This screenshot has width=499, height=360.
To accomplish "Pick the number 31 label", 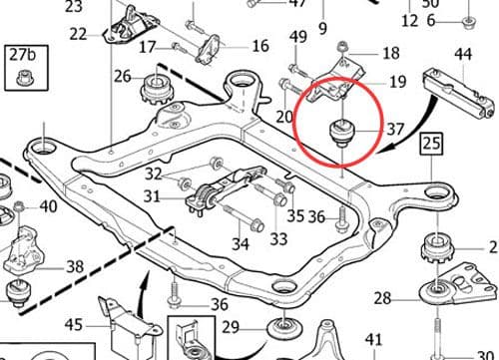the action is pyautogui.click(x=152, y=197).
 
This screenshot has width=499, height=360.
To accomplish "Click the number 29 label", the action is pyautogui.click(x=232, y=328).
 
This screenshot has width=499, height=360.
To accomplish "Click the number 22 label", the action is pyautogui.click(x=79, y=35).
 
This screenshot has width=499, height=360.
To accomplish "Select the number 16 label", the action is pyautogui.click(x=260, y=46).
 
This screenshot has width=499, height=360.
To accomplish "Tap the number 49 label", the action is pyautogui.click(x=297, y=38).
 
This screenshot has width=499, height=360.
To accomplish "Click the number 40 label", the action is pyautogui.click(x=49, y=208).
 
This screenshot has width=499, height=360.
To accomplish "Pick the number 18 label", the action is pyautogui.click(x=390, y=53).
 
